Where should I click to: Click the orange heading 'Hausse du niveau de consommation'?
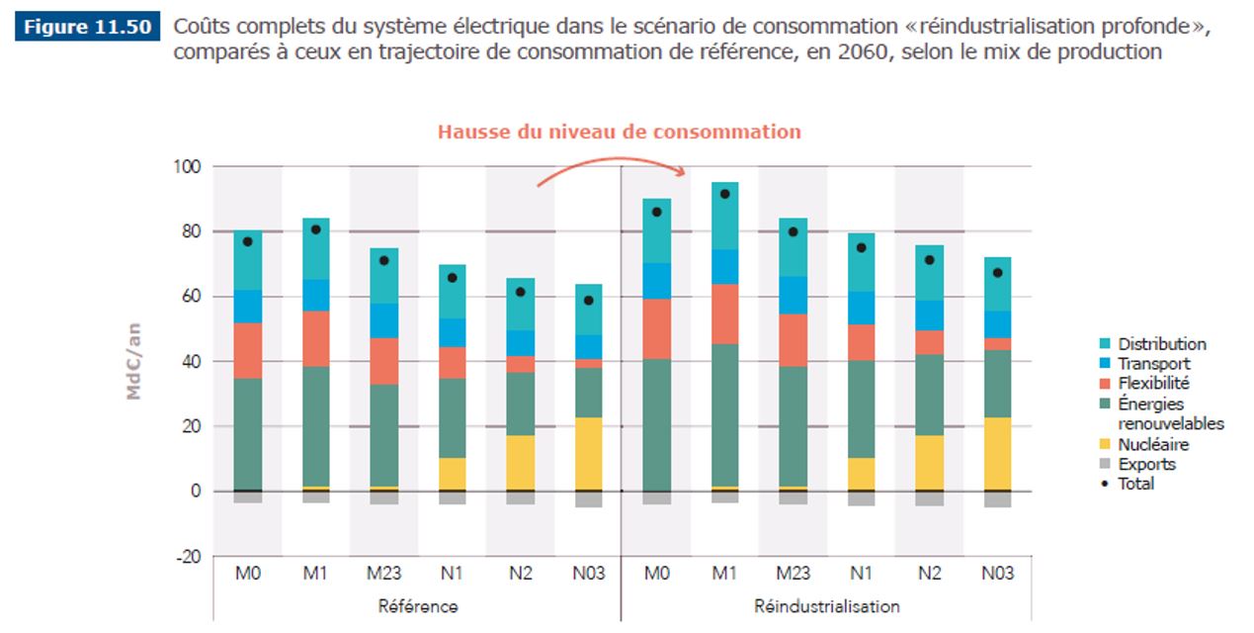pos(619,132)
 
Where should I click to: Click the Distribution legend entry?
pos(1161,344)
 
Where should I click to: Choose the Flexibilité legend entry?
pos(1153,383)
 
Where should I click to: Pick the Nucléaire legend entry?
pos(1153,444)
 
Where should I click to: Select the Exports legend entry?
pos(1146,464)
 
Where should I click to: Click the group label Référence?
pos(418,605)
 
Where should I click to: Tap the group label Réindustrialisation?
pos(827,605)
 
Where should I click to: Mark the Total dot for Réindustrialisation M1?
pos(724,194)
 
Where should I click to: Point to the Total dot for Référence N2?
pos(521,292)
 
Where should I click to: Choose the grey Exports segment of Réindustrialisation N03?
pos(997,499)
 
